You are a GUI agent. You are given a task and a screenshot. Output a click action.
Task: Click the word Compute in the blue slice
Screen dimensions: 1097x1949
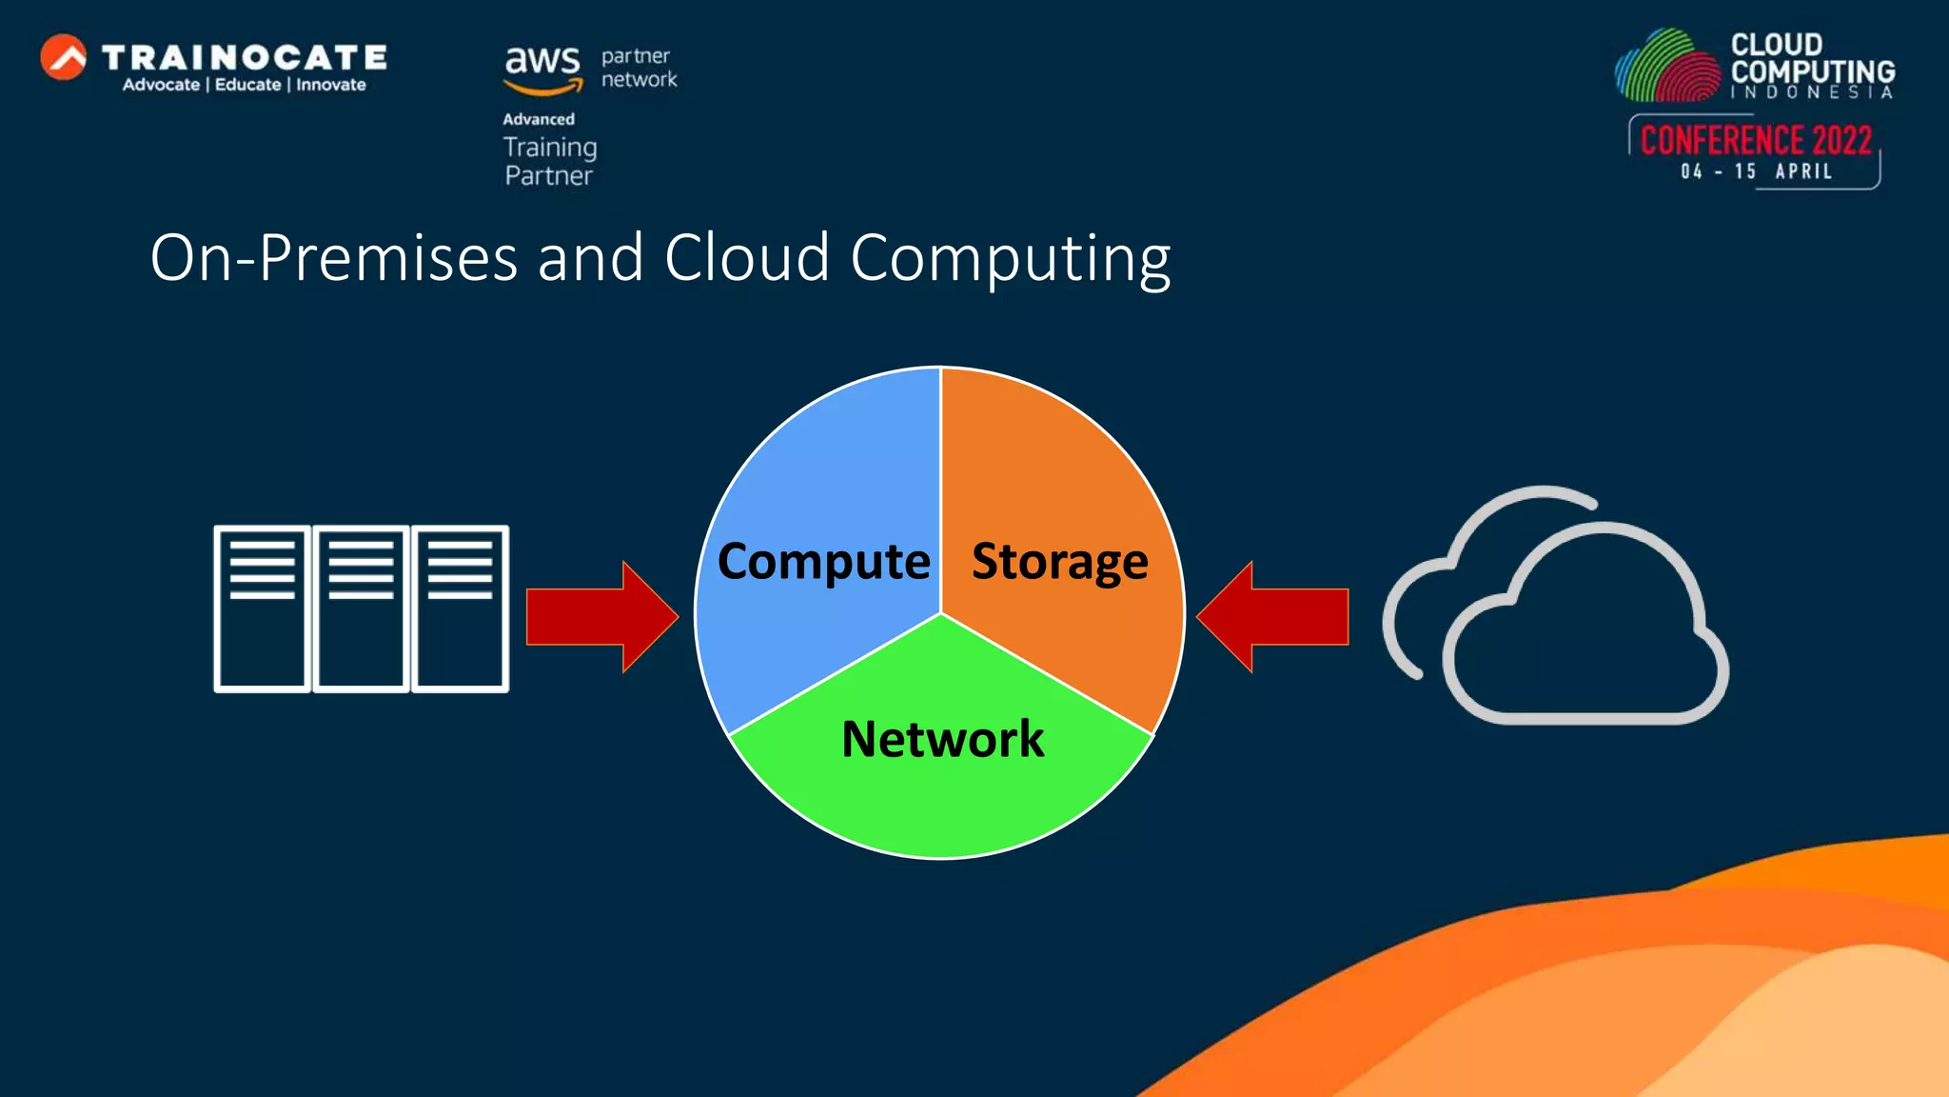[x=823, y=561]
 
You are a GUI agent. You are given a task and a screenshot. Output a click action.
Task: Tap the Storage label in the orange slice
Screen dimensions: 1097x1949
[x=1059, y=561]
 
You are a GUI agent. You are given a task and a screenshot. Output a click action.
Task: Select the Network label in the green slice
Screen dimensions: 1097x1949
[x=942, y=739]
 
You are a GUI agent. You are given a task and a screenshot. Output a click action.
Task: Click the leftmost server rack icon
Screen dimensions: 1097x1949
[x=263, y=608]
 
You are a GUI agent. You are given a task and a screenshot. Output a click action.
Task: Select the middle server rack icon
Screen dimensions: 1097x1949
[x=362, y=608]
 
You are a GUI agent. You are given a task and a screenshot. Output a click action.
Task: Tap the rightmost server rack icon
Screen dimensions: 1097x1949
[x=461, y=608]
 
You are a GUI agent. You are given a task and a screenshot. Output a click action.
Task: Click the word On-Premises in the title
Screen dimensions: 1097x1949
[x=333, y=258]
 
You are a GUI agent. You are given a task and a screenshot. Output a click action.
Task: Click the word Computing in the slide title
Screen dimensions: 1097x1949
[x=1010, y=258]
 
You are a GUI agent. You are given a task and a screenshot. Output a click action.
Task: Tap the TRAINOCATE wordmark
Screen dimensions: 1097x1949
[x=244, y=58]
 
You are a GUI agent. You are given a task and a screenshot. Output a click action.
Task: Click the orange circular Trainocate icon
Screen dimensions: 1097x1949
[x=64, y=58]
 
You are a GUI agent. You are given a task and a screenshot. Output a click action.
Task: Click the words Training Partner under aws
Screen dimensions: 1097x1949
[x=549, y=161]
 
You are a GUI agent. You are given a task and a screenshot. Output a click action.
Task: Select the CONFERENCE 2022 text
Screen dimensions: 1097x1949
[x=1756, y=141]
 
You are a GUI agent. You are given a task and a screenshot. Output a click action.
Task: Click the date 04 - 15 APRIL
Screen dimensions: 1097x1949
[x=1756, y=171]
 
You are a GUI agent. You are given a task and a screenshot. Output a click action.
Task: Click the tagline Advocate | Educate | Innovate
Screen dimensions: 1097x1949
[x=244, y=85]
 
